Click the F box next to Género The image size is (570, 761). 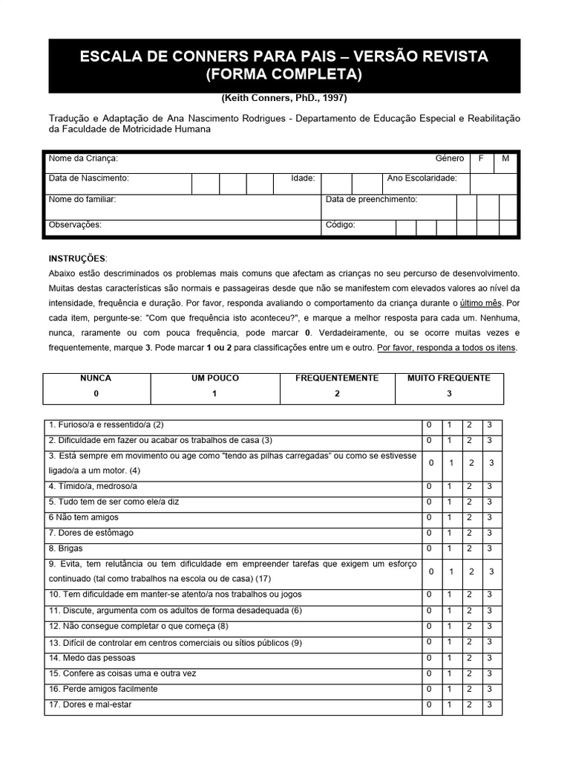pos(481,158)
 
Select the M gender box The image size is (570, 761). pos(505,158)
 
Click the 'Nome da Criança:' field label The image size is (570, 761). pos(83,158)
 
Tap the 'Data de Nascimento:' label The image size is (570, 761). pos(88,178)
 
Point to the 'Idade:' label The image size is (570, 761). pos(306,178)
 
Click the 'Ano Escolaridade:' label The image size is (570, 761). pos(422,178)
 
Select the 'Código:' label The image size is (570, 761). pos(341,224)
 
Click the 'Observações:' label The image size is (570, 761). pos(75,224)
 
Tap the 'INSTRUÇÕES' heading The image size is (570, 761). pos(77,259)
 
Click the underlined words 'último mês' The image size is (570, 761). pos(482,303)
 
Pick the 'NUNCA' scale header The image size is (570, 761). pos(96,378)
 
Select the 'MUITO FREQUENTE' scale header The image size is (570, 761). pos(449,378)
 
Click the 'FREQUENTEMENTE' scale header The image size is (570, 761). pos(337,378)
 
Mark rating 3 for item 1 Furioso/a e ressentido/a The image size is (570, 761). pos(489,425)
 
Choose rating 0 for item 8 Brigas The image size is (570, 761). pos(429,548)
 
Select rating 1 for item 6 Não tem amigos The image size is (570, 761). pos(448,517)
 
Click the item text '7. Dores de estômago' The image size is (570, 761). pos(91,533)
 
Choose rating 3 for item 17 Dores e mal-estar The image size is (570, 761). pos(489,705)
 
